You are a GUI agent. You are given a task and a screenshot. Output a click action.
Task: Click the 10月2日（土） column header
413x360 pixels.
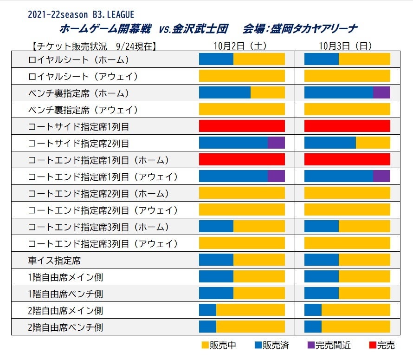(x=240, y=46)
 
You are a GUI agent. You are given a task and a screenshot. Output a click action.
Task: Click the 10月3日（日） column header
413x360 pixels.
(x=345, y=46)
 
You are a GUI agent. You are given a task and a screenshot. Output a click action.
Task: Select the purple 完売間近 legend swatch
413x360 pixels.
(x=311, y=345)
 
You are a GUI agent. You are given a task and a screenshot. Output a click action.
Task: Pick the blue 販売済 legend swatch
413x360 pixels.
(x=258, y=345)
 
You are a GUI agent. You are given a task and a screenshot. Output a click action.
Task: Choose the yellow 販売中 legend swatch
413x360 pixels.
(x=205, y=345)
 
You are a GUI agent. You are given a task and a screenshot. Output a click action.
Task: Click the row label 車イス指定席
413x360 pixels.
(x=54, y=261)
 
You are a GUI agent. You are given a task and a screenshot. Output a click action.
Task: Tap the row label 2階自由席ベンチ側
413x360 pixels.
(x=65, y=327)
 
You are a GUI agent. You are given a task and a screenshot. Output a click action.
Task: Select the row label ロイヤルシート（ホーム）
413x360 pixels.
(x=78, y=59)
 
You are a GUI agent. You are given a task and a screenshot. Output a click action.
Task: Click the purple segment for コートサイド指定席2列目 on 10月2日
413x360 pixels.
(x=276, y=143)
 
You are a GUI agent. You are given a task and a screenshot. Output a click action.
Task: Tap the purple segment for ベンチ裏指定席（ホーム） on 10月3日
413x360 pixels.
(x=381, y=93)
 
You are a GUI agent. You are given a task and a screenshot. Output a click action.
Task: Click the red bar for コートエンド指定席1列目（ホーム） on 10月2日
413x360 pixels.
(x=242, y=160)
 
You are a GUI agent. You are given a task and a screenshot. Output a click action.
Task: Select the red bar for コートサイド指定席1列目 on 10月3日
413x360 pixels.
(x=347, y=126)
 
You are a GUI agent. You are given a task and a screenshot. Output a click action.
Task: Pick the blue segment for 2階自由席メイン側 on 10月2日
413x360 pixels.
(x=207, y=311)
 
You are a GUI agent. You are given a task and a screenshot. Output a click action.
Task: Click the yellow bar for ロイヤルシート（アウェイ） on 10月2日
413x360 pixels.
(x=242, y=76)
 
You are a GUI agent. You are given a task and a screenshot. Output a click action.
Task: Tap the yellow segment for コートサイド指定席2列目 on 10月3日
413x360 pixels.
(x=373, y=143)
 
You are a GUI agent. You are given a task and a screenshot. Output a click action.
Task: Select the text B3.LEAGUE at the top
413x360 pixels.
(x=114, y=15)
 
